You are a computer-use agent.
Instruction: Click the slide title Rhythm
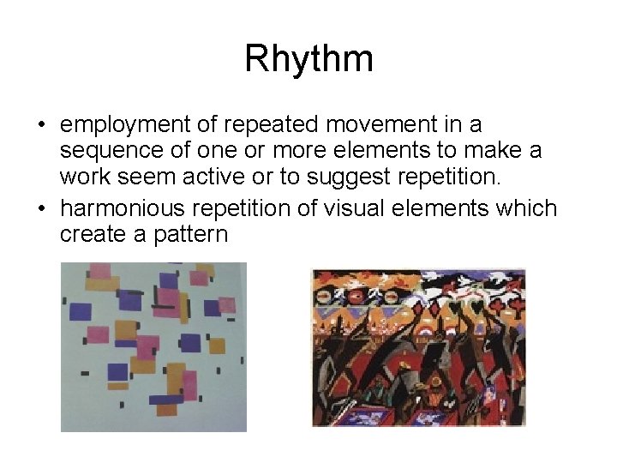308,59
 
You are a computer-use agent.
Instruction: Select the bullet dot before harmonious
41,207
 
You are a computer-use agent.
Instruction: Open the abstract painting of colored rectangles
153,346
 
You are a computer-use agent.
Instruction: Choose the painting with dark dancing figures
418,348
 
